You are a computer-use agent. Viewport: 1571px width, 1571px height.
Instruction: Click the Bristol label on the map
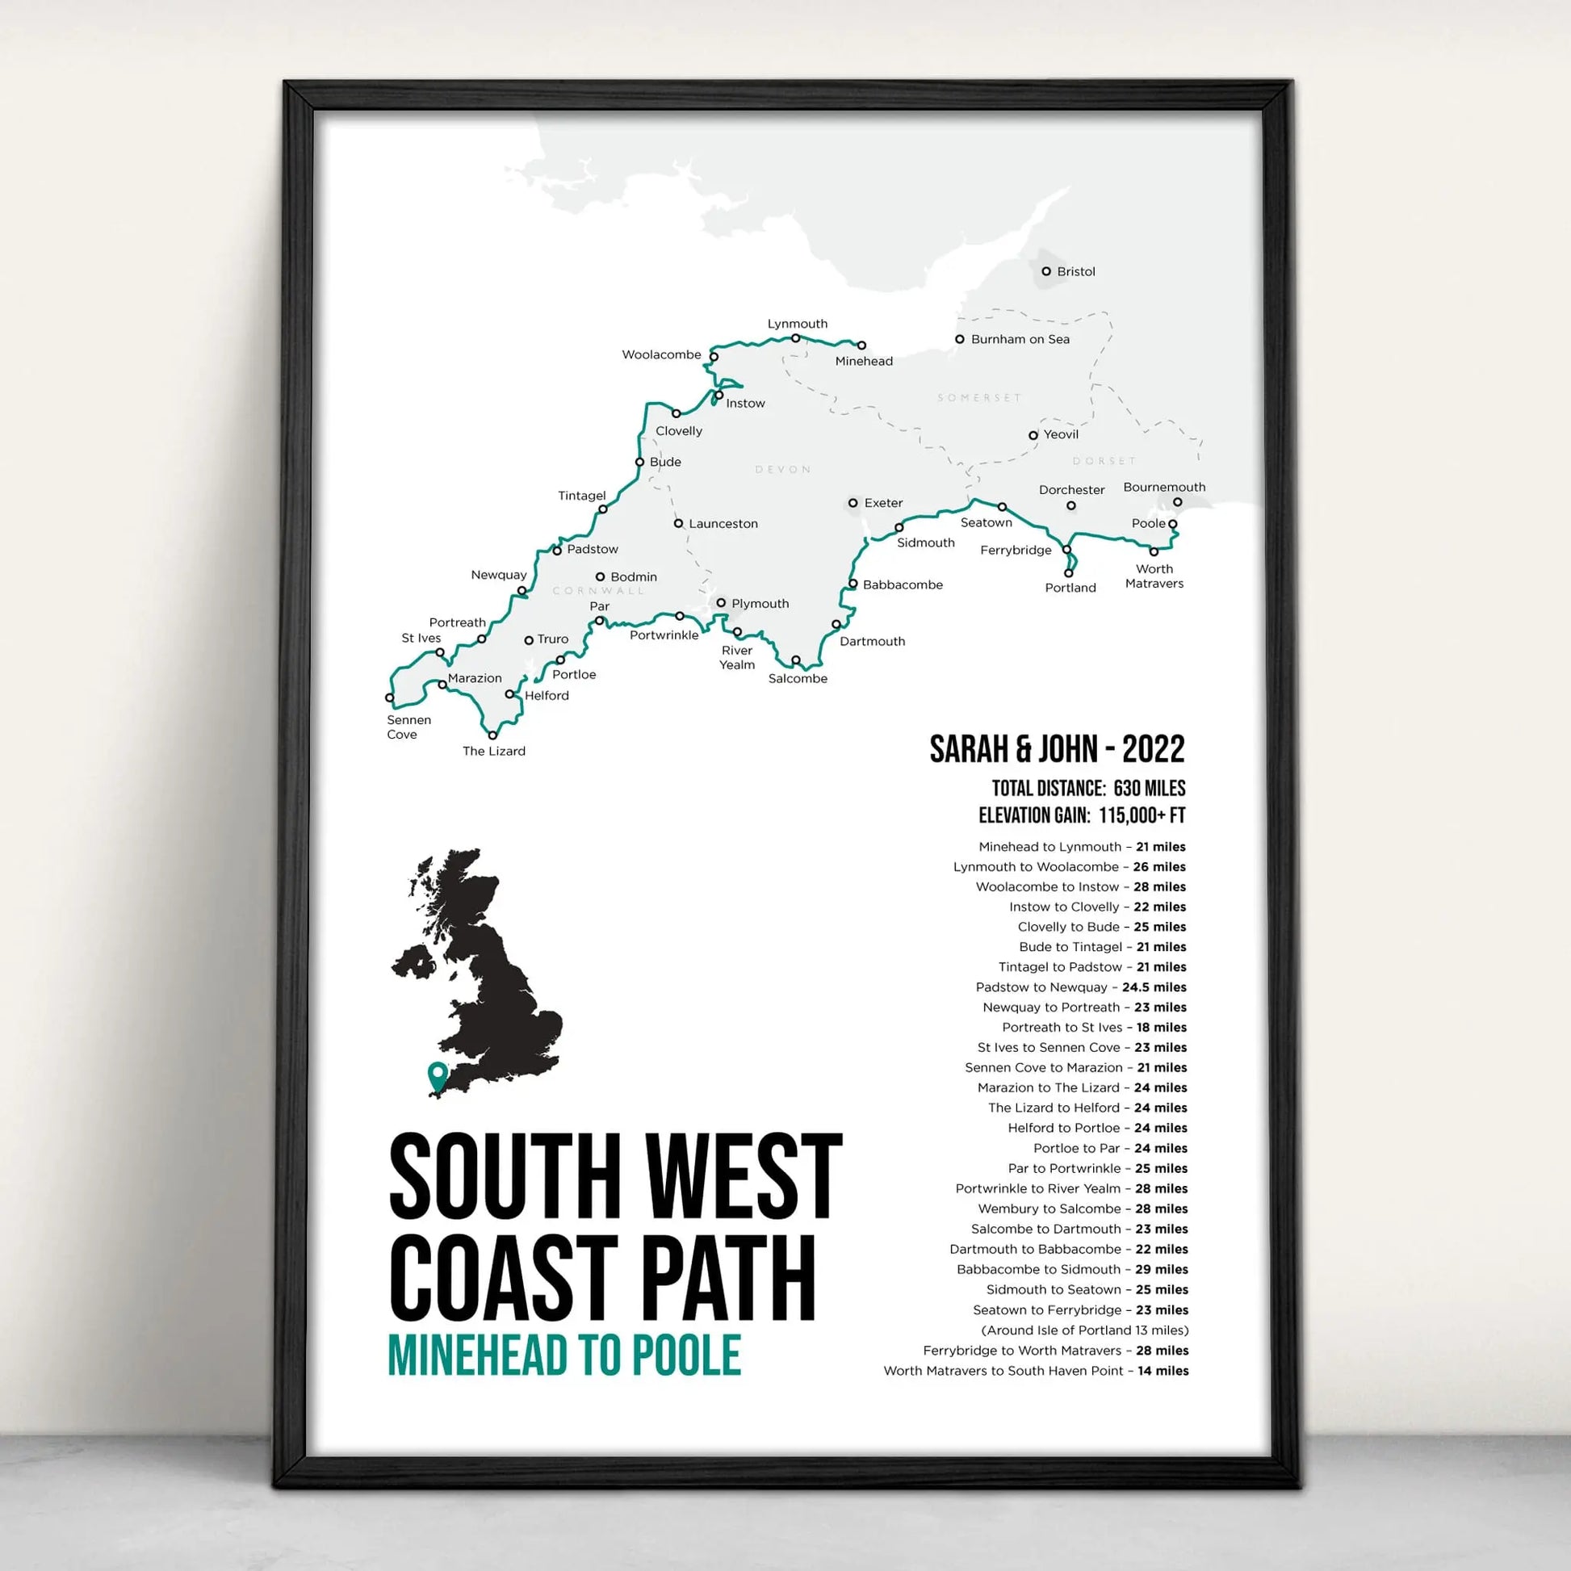[1075, 271]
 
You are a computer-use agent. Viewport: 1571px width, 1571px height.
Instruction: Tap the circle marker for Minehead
[861, 346]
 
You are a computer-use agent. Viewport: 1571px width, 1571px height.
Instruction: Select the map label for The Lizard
[493, 752]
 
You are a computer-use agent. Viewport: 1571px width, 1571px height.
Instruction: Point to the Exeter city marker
[853, 503]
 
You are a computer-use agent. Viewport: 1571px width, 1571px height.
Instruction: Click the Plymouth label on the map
[760, 603]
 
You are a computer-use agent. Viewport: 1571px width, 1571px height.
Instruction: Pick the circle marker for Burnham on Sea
[960, 339]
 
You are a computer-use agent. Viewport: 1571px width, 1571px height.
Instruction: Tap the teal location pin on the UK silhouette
[438, 1075]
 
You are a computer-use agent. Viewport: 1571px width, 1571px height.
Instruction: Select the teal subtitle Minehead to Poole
[564, 1355]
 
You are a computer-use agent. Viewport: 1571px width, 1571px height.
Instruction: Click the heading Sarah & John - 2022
[1057, 750]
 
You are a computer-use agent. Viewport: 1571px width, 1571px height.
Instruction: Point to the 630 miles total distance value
[1149, 788]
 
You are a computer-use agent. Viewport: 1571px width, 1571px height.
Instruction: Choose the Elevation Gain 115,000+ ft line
[1082, 815]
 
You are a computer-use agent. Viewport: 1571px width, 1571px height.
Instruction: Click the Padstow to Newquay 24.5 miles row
[1081, 987]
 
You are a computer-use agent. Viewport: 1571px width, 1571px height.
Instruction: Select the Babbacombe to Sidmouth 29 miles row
[1072, 1269]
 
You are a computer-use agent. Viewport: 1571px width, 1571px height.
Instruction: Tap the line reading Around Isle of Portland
[1085, 1330]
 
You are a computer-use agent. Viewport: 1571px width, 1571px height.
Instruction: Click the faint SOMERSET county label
[979, 398]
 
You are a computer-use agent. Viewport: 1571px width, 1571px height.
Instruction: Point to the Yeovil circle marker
[1033, 435]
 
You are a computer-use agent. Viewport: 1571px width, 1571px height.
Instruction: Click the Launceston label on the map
[723, 524]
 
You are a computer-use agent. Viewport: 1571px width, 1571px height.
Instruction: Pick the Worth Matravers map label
[1154, 576]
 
